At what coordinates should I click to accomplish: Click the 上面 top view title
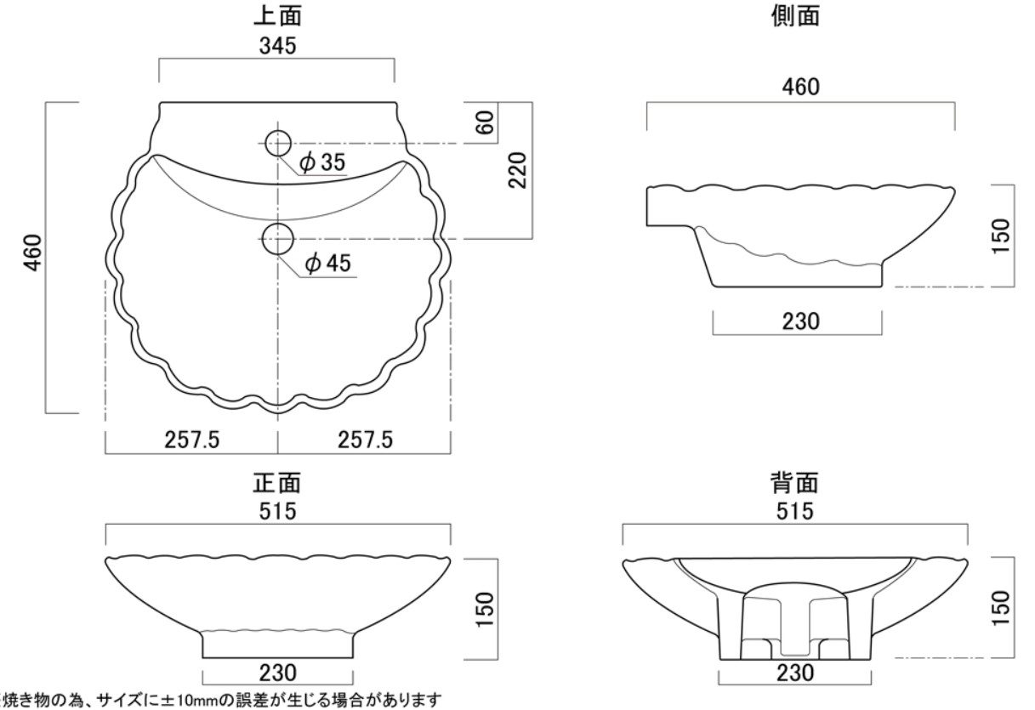[277, 16]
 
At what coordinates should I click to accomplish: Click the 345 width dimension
[277, 48]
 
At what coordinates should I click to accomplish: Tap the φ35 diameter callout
[323, 162]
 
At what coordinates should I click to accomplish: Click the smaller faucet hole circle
[278, 143]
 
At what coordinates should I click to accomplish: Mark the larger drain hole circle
[278, 239]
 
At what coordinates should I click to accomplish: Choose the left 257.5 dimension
[191, 440]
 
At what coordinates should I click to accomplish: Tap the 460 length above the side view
[799, 88]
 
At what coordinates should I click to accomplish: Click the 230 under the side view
[799, 321]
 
